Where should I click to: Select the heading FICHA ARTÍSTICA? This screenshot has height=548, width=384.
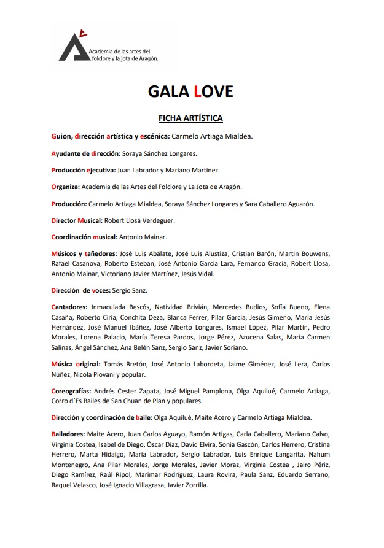point(190,118)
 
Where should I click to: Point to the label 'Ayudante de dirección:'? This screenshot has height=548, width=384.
point(85,153)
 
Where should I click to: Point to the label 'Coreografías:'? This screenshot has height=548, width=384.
point(71,391)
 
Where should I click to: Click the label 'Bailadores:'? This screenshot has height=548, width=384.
point(68,433)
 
